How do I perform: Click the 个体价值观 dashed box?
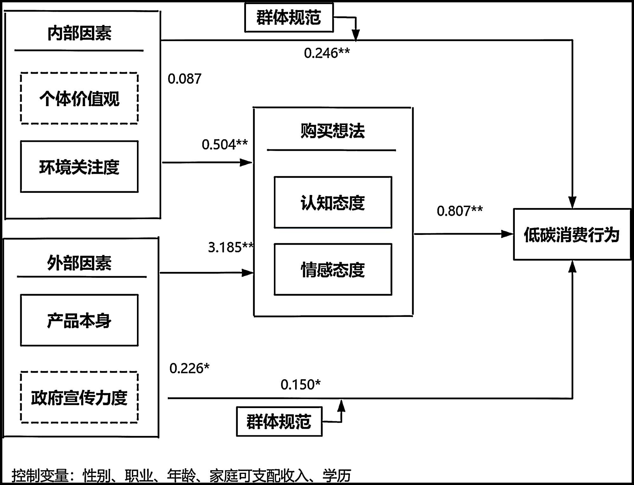pyautogui.click(x=79, y=98)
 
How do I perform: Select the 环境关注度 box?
pyautogui.click(x=79, y=167)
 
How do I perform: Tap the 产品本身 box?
pyautogui.click(x=79, y=320)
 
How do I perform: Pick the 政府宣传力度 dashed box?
pyautogui.click(x=79, y=397)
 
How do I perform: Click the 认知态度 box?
pyautogui.click(x=333, y=202)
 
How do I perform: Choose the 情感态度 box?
pyautogui.click(x=333, y=269)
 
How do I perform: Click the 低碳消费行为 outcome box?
pyautogui.click(x=572, y=235)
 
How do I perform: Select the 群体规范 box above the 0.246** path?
pyautogui.click(x=289, y=17)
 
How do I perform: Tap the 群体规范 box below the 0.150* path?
pyautogui.click(x=279, y=421)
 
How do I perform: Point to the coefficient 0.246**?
pyautogui.click(x=327, y=53)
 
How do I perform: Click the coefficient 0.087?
pyautogui.click(x=184, y=79)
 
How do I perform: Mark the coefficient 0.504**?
pyautogui.click(x=225, y=145)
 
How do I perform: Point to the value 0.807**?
pyautogui.click(x=460, y=211)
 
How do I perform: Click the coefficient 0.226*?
pyautogui.click(x=189, y=368)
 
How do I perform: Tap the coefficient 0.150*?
pyautogui.click(x=301, y=385)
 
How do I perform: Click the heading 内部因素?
pyautogui.click(x=79, y=33)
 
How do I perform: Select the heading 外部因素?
pyautogui.click(x=79, y=263)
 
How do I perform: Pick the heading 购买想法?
pyautogui.click(x=333, y=131)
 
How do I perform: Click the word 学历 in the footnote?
pyautogui.click(x=337, y=476)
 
